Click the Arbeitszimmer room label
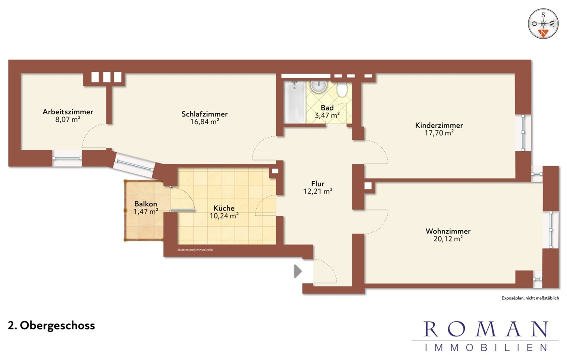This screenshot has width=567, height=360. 68,111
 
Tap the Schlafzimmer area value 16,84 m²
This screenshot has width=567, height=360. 204,122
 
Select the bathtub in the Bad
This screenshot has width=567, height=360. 294,102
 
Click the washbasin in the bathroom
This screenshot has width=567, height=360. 318,86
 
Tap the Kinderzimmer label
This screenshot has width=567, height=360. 439,125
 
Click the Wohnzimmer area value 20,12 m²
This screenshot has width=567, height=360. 448,238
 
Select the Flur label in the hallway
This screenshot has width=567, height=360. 318,183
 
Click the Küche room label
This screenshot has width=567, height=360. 224,208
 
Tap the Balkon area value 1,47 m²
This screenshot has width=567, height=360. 146,211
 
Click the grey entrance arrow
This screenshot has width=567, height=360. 298,271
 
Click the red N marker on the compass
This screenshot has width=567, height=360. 543,33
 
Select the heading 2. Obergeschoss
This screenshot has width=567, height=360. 52,326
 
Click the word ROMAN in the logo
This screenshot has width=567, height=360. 485,329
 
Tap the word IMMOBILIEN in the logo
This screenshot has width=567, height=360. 486,347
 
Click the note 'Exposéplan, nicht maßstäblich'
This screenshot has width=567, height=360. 530,298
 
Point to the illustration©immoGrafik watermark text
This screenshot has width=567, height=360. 195,250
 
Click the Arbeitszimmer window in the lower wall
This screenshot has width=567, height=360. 67,159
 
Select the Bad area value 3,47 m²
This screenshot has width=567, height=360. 327,116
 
